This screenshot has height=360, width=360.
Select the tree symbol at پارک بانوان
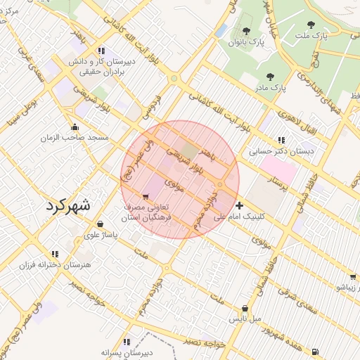point(246,31)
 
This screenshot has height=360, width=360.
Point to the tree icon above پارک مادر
point(270,76)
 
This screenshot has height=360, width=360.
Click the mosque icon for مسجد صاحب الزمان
point(75,127)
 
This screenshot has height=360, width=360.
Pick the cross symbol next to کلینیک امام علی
point(240,205)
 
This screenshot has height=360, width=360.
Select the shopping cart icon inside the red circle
point(146,197)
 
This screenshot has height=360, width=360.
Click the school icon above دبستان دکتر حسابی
point(282,140)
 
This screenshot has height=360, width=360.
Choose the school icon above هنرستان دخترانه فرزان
point(55,254)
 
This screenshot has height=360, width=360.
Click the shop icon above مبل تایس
point(245,308)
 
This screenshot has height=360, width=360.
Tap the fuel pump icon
point(314,352)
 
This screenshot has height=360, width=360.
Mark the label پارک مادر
point(270,88)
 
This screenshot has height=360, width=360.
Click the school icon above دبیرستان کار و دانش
point(102,51)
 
